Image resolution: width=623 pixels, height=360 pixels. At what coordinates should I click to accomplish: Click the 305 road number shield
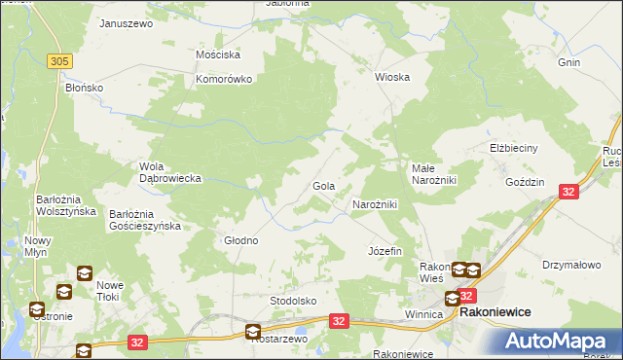coord(59,61)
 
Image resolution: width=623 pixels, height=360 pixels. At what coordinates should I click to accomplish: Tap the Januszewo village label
coord(127,22)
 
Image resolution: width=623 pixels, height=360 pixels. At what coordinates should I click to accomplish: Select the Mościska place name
coord(218,55)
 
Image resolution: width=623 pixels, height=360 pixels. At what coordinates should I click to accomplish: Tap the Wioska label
coord(392,77)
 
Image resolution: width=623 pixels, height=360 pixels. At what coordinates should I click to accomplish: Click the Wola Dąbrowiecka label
coord(170,172)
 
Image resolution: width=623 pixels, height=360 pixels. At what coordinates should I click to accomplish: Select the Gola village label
coord(323,186)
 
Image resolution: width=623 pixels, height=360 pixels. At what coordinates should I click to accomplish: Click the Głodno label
coord(241,240)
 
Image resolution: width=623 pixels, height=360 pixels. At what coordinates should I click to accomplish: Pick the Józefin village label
coord(385,251)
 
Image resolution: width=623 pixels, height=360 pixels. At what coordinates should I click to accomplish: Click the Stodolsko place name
coord(293,301)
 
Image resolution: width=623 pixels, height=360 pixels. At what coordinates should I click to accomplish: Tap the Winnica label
coord(423,315)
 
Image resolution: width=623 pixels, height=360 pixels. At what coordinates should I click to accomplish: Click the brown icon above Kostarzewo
coord(253,331)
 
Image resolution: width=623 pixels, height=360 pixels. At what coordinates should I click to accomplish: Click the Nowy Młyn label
coord(38,247)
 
